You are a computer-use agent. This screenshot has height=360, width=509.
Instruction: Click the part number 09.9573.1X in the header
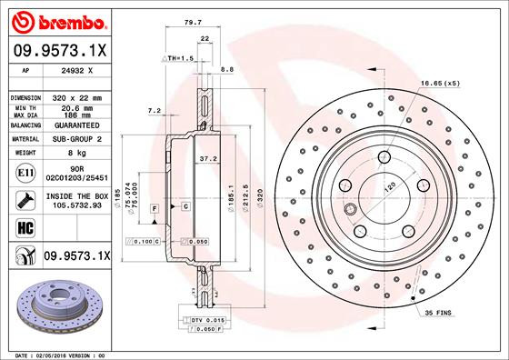point(59,53)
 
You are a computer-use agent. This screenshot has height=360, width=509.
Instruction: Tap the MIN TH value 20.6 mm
point(73,106)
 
